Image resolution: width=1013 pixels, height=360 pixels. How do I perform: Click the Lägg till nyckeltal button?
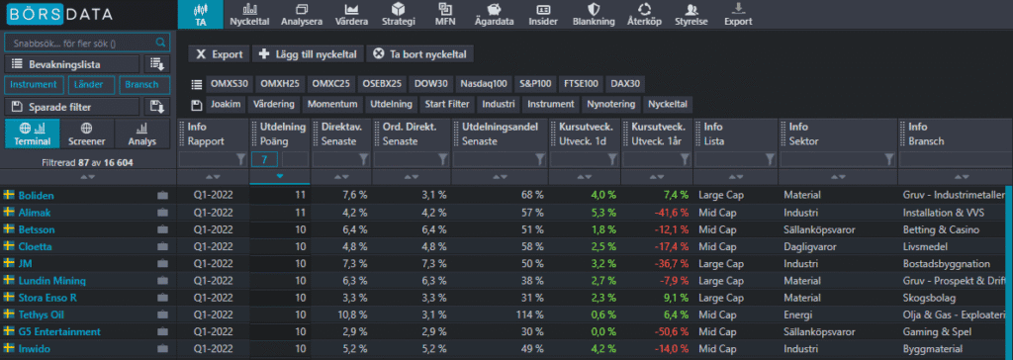click(x=307, y=54)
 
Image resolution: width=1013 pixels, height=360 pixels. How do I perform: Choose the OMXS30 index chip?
click(x=230, y=84)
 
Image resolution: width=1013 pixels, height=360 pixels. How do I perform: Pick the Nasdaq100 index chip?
click(x=485, y=84)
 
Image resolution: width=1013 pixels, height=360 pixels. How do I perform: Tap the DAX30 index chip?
click(x=625, y=84)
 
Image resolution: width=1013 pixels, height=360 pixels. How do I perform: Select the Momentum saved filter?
click(x=331, y=105)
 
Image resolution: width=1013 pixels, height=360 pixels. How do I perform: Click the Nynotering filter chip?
click(x=610, y=105)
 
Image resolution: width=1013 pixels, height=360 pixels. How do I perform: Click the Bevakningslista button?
click(x=71, y=64)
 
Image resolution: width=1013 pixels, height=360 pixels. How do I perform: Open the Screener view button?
click(x=87, y=135)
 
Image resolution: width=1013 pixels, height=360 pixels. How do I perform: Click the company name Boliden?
click(x=36, y=196)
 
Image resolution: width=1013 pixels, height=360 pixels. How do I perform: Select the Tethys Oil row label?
click(x=42, y=315)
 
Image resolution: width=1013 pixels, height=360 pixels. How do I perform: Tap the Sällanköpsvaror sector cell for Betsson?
click(x=820, y=229)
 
